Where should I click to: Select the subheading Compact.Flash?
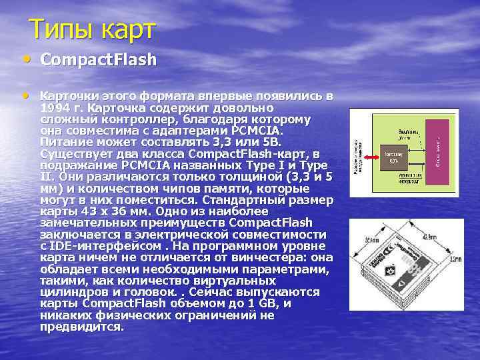(98, 60)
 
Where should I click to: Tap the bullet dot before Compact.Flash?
(25, 59)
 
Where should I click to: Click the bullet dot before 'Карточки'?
(25, 95)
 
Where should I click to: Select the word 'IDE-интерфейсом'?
(101, 245)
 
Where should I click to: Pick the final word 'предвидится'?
(81, 327)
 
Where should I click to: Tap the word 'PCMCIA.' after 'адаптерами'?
(251, 130)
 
